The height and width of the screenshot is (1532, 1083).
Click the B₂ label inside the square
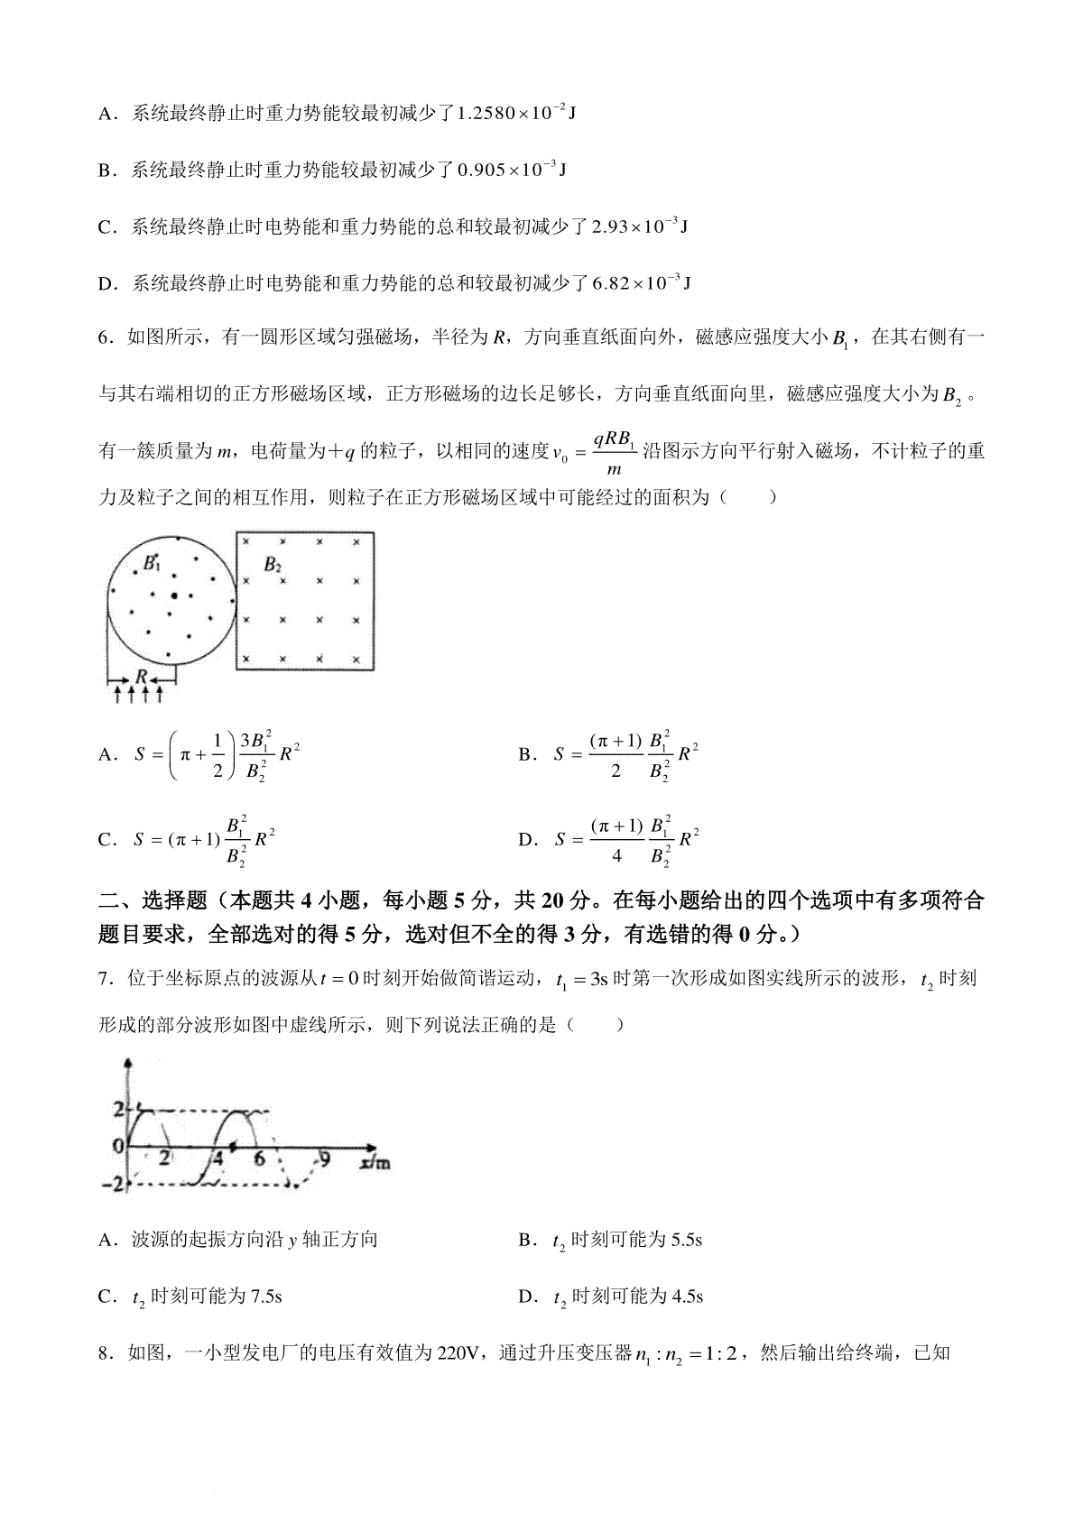(x=273, y=565)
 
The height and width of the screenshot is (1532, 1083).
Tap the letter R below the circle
(x=141, y=675)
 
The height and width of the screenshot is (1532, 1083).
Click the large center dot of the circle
(x=173, y=595)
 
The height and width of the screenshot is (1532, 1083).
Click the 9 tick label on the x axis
(x=325, y=1158)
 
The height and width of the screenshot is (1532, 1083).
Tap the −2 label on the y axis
(x=116, y=1184)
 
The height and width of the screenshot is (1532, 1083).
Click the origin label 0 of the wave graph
(x=117, y=1146)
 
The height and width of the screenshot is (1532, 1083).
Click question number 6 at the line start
(x=104, y=337)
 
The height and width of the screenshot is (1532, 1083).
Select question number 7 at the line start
(x=104, y=979)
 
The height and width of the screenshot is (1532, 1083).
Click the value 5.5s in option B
(x=687, y=1240)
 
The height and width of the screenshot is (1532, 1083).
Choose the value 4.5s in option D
(x=687, y=1297)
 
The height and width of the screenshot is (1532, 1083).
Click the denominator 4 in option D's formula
(x=616, y=854)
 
